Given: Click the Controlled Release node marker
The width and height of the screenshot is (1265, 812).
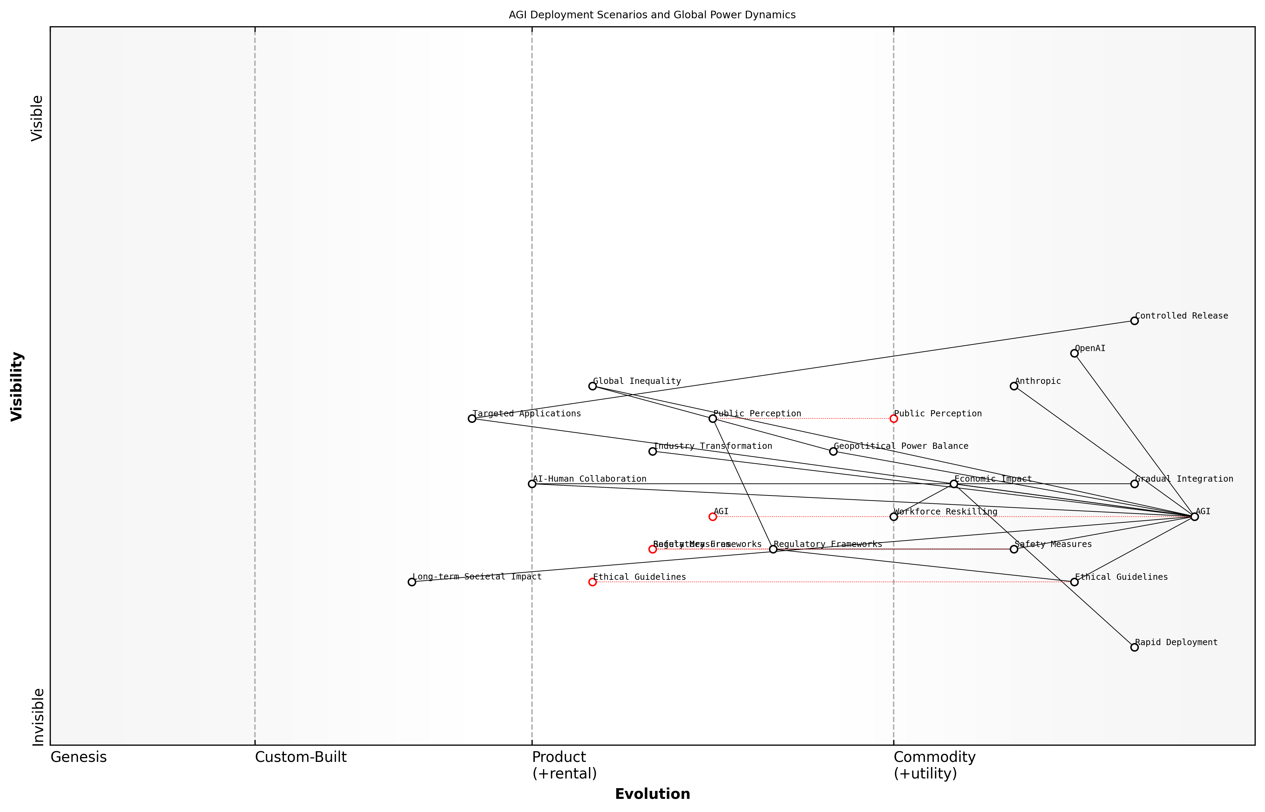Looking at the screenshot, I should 1134,321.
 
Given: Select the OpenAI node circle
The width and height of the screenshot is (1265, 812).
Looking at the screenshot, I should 1074,353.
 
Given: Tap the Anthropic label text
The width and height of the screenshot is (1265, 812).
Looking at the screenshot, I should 1037,381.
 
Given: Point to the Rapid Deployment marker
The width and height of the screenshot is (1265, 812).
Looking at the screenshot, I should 1134,647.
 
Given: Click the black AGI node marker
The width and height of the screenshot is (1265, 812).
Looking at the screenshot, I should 1195,517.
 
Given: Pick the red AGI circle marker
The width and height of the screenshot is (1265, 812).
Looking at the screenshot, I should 713,517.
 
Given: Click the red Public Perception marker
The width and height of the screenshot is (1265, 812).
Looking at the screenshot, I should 893,419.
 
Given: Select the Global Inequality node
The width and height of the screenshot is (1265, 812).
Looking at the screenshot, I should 592,386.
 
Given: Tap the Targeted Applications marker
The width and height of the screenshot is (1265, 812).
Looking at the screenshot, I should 472,419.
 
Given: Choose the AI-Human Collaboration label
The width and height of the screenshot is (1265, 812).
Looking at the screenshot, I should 589,479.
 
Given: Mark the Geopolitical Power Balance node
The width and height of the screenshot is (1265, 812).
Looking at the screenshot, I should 833,451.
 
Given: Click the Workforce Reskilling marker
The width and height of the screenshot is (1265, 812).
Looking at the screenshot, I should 893,517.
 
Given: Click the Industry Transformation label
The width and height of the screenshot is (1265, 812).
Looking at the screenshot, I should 713,446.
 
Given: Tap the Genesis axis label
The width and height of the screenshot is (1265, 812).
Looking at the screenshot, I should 78,757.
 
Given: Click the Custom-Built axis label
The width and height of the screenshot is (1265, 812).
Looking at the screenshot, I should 301,757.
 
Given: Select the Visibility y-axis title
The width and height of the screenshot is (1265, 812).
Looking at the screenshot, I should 17,386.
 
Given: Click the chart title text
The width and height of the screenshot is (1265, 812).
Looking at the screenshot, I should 652,15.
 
